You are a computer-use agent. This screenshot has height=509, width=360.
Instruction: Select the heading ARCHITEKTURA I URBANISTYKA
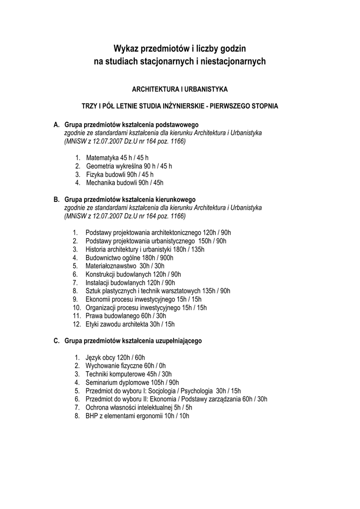[180, 89]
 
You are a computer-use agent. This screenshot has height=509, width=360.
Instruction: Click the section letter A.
[56, 124]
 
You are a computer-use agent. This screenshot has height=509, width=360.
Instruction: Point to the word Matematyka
[102, 158]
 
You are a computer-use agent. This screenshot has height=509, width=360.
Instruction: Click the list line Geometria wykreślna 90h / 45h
[129, 166]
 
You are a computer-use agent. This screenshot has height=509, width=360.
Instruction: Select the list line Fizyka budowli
[119, 174]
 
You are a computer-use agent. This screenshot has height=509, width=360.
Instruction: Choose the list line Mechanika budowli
[124, 183]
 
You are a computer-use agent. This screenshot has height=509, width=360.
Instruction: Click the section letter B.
[56, 199]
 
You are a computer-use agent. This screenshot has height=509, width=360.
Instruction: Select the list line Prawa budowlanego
[126, 316]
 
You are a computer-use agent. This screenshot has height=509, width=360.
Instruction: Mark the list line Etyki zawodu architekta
[130, 324]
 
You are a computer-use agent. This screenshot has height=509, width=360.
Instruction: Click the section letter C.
[56, 341]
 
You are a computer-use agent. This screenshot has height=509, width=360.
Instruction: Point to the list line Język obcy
[115, 357]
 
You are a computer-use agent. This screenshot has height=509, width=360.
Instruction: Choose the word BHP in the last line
[92, 416]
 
